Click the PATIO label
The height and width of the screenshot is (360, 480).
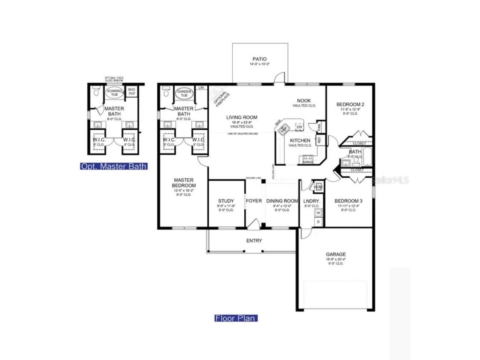point(260,59)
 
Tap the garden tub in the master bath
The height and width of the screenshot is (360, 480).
point(184,93)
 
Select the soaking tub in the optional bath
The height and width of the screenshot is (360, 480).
point(114,93)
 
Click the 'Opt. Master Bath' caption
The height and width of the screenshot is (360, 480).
point(114,166)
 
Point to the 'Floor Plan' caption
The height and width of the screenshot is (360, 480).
point(236,318)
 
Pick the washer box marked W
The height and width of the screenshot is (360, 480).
point(318,213)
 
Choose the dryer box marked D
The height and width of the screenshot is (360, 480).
point(318,222)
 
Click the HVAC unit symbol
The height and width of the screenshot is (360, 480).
point(318,187)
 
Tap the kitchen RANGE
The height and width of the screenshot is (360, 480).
point(307,159)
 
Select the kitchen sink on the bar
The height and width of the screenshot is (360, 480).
point(284,128)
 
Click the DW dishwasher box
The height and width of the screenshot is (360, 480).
point(299,127)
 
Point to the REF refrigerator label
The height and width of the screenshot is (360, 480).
point(319,139)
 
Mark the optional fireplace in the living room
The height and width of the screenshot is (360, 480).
point(219,97)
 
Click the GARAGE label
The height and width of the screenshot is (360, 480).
point(335,254)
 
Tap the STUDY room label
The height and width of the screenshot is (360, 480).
point(226,201)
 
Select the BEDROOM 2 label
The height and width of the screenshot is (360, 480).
point(350,104)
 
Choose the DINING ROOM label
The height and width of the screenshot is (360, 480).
point(282,201)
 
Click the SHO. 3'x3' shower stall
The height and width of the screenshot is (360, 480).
point(131,92)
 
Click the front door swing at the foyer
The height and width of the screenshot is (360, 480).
point(254,223)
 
